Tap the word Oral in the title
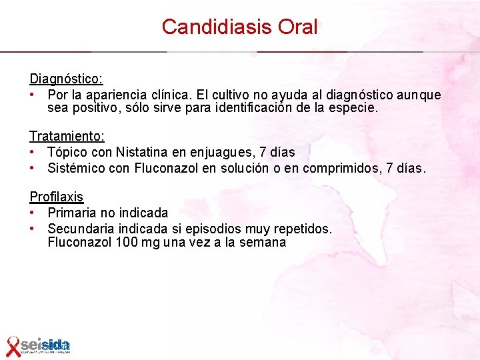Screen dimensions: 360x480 pos(297,27)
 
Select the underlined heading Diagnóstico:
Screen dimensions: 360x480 pos(65,79)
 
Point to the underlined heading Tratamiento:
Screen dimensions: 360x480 pos(67,136)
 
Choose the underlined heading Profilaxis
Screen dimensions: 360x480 pos(56,197)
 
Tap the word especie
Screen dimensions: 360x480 pos(355,108)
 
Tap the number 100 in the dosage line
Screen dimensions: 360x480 pos(127,242)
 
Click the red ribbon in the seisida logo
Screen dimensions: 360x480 pos(13,346)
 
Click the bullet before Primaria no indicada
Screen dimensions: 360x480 pos(32,213)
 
